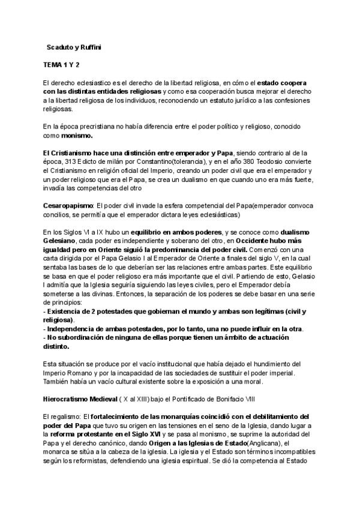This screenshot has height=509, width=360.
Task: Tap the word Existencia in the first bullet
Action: point(68,312)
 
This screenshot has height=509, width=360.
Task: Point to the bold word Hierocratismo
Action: point(71,399)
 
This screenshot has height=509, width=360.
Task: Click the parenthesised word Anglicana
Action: point(265,443)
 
